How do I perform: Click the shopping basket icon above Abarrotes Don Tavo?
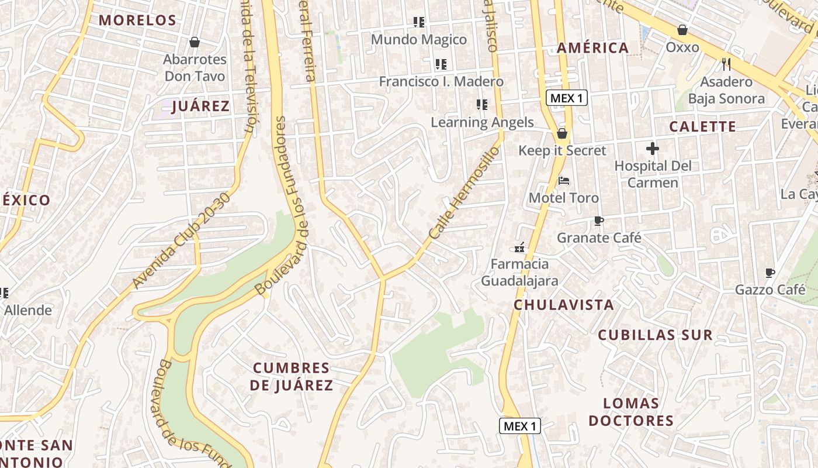click(x=195, y=42)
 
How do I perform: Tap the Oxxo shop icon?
click(x=682, y=30)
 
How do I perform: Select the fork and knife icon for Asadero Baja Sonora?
click(x=726, y=64)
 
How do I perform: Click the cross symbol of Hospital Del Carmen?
click(x=652, y=149)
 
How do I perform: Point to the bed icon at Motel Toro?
click(x=563, y=181)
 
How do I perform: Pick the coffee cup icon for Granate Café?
click(x=598, y=221)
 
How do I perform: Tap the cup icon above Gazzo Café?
click(x=770, y=273)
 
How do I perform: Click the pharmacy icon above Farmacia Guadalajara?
click(x=519, y=247)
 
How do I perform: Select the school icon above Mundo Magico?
click(x=418, y=22)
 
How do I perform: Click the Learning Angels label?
click(x=482, y=122)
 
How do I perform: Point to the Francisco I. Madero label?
click(x=441, y=81)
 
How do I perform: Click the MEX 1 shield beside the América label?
click(x=566, y=98)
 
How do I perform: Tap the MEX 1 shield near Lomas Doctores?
click(x=519, y=426)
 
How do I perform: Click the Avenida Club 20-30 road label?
click(x=181, y=240)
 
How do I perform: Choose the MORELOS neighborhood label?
click(x=137, y=20)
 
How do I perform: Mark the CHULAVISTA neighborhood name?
click(x=564, y=305)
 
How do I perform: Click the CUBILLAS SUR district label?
click(x=655, y=335)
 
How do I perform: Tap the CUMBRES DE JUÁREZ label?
click(x=292, y=377)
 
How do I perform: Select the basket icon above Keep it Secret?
click(x=562, y=133)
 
